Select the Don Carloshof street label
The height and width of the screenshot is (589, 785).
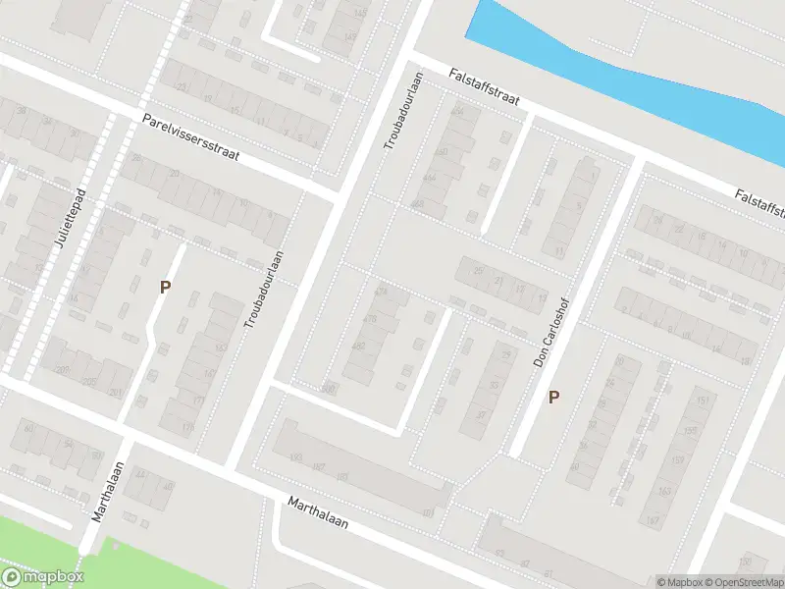coord(551,335)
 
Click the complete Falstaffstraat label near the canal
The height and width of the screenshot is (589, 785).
coord(482,87)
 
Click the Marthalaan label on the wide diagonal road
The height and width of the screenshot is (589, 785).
coord(319,513)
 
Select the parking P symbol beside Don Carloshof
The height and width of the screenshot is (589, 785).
coord(554,398)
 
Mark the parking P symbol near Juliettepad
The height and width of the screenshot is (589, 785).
coord(166,288)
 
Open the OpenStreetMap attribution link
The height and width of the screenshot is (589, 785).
coord(742,582)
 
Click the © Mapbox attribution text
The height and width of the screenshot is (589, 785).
coord(678,582)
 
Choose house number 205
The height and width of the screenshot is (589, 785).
coord(89,383)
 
